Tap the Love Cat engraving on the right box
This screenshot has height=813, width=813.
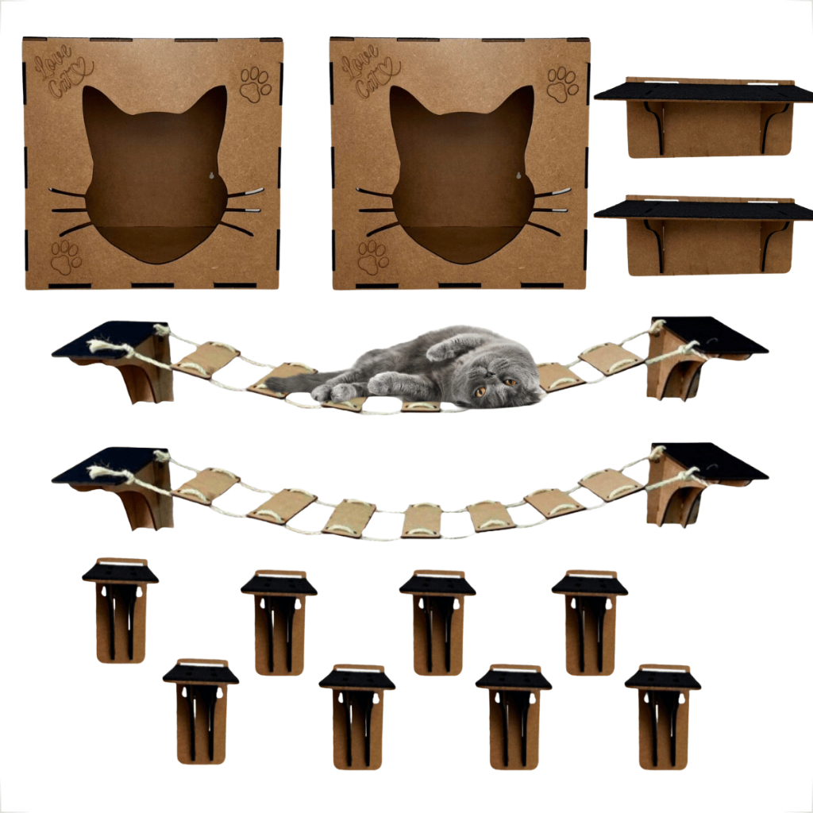(370, 71)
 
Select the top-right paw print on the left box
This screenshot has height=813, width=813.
(255, 84)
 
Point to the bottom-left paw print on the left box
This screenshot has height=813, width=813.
(66, 257)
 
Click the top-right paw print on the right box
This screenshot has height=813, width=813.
(562, 84)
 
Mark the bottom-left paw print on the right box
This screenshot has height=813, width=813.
(373, 257)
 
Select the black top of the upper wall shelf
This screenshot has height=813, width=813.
(704, 92)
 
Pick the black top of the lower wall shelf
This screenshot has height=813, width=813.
(704, 210)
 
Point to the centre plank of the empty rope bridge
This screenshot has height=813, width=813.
(421, 520)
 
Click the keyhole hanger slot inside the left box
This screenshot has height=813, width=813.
(211, 175)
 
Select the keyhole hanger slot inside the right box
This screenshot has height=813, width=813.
(518, 175)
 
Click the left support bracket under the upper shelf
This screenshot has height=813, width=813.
(655, 127)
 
